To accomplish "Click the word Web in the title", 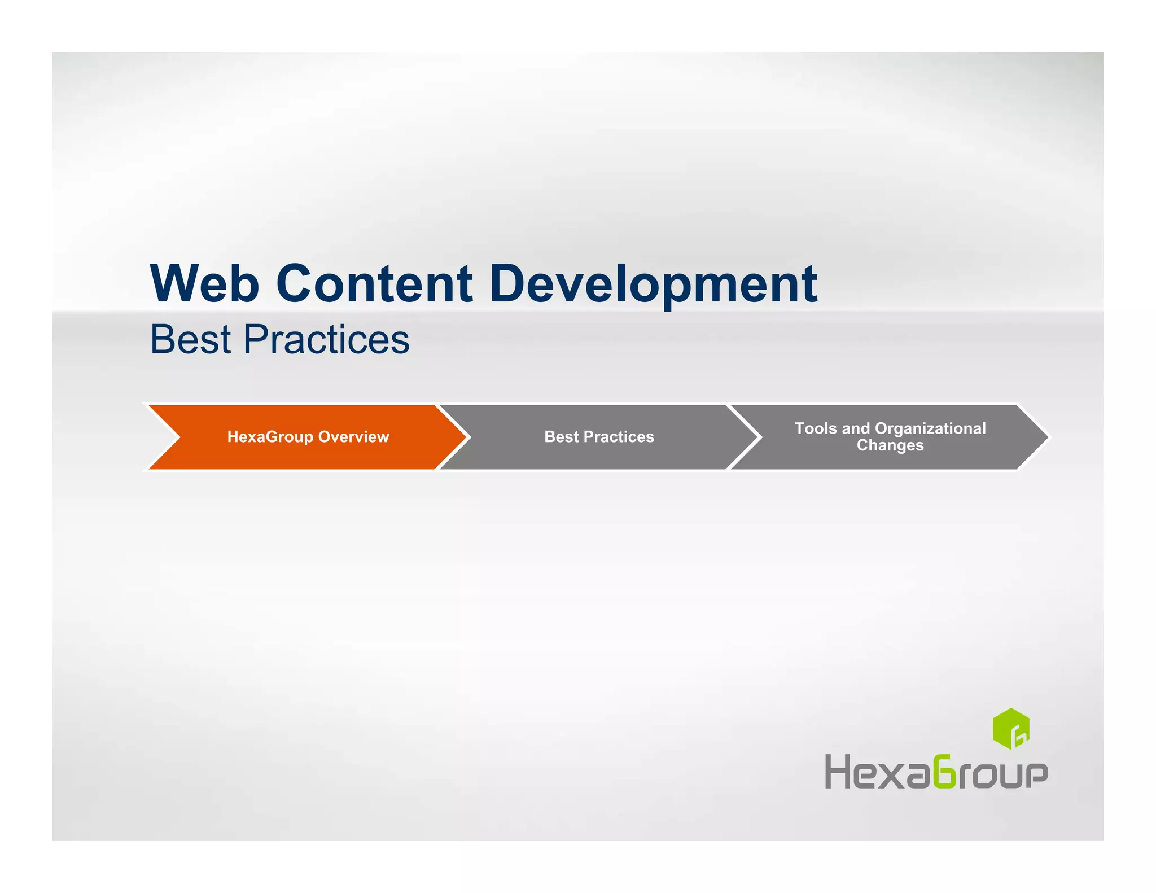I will click(x=204, y=283).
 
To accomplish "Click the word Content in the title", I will click(x=374, y=283).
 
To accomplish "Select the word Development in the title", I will click(x=653, y=283).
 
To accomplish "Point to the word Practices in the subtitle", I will click(x=326, y=340).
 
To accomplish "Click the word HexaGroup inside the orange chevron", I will click(x=270, y=437).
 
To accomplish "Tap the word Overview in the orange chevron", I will click(x=353, y=437).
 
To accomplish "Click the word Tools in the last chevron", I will click(x=815, y=428).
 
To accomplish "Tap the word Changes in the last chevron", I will click(x=890, y=445).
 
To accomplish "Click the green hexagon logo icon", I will click(x=1010, y=729).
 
